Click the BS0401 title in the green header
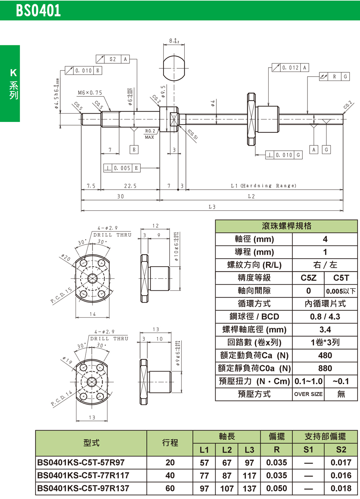coord(38,10)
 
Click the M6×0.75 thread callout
coord(90,93)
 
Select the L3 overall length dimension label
coord(212,207)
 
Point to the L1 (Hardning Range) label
coord(263,186)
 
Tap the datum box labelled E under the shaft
coord(134,149)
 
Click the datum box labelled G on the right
coord(326,150)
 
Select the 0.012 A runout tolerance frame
coord(290,68)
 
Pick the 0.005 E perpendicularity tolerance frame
coord(122,168)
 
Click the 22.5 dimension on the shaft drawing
coord(130,186)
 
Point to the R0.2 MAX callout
coord(150,134)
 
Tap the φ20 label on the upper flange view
coord(66,258)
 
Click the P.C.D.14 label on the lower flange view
coord(62,398)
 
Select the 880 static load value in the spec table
coord(325,368)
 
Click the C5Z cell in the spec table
coord(308,278)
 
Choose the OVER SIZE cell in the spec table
coord(308,394)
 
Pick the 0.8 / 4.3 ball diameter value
coord(325,317)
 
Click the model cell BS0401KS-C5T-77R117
coord(83,476)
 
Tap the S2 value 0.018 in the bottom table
coord(341,489)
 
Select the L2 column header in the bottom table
coord(227,450)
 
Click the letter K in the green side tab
coord(13,73)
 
